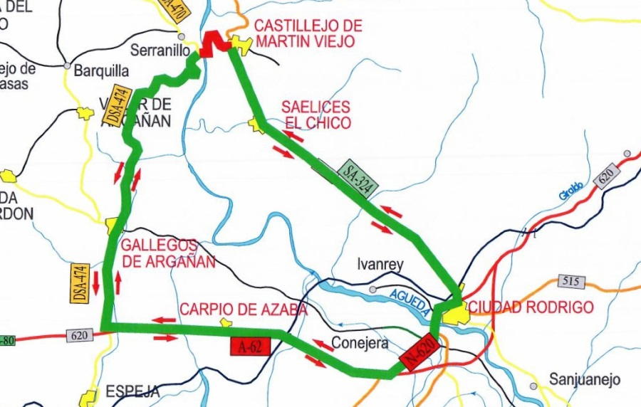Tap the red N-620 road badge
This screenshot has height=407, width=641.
[419, 351]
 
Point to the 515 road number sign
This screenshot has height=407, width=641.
[570, 281]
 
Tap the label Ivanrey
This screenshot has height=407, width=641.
[380, 265]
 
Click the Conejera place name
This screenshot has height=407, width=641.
[360, 343]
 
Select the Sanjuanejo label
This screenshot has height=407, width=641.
[585, 379]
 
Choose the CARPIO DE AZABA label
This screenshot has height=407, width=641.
[244, 310]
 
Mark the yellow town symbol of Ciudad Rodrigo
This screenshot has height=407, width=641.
[456, 310]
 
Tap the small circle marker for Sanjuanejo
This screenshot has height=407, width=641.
[533, 386]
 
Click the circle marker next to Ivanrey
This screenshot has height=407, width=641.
[372, 290]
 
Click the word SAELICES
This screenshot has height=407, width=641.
[316, 107]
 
